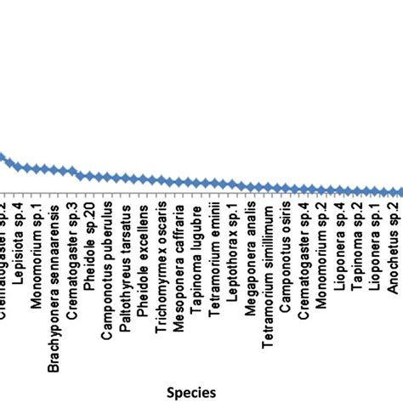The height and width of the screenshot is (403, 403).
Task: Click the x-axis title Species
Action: (x=190, y=391)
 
